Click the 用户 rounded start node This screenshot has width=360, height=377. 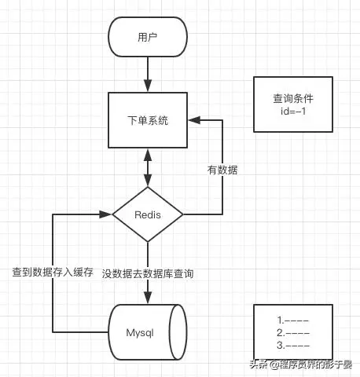(x=147, y=37)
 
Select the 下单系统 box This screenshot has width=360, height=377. (x=147, y=121)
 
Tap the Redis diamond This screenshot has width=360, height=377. (x=147, y=214)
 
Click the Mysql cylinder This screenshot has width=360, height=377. (x=148, y=331)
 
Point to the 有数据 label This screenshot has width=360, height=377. (x=222, y=169)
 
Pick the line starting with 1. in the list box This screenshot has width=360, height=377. (x=293, y=320)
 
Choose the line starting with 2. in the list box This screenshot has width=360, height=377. (x=293, y=332)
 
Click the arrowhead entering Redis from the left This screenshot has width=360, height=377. (x=108, y=214)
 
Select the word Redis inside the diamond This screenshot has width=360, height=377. (x=147, y=214)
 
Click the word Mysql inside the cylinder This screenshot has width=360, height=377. (x=140, y=331)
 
